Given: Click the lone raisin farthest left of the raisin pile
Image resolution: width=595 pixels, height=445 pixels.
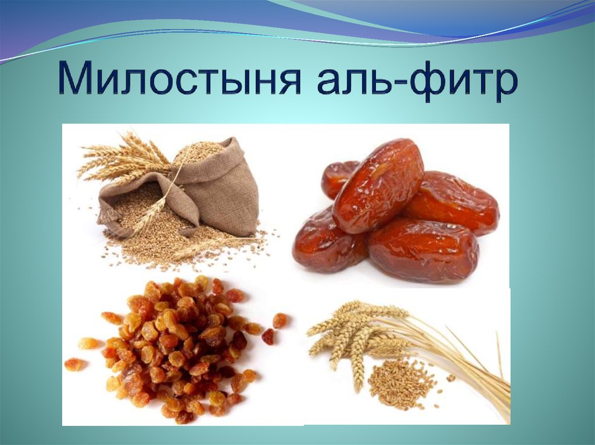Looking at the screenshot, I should pos(74,364).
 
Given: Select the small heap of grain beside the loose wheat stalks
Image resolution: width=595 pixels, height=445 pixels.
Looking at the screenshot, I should pos(401,382).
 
